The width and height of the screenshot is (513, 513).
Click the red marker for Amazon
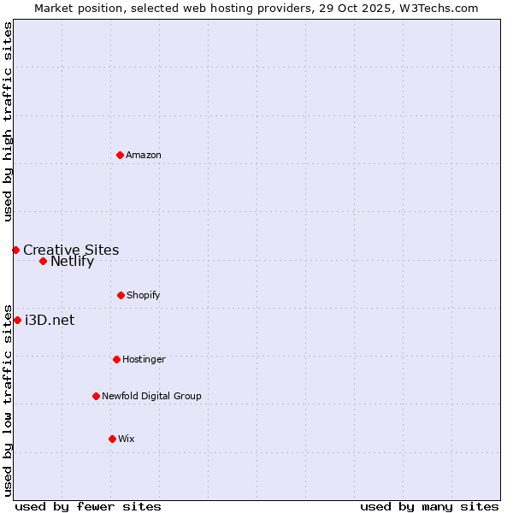pos(120,155)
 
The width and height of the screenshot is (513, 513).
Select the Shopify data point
pos(121,295)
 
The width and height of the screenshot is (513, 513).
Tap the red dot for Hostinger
pos(116,359)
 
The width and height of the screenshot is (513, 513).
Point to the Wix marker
pos(112,439)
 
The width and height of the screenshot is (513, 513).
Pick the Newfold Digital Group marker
pos(96,396)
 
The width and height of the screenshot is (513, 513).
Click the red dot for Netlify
pos(43,261)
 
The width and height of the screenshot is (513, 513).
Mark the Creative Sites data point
pos(15,250)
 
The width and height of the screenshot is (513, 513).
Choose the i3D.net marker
pos(17,320)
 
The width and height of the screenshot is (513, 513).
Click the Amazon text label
pos(144,155)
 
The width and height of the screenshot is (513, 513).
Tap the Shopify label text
pos(143,295)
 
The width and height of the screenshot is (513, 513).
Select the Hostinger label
pos(144,359)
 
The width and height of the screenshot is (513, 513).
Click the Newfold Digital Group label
pos(151,396)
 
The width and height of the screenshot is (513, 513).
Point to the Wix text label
pos(127,439)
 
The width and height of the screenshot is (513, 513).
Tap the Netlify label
pos(72,262)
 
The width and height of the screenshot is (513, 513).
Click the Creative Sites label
pos(71,250)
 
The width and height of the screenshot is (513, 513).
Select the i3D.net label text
pos(50,320)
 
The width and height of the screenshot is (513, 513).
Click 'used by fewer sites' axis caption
pos(88,506)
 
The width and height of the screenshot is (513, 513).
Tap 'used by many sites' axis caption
pos(429,506)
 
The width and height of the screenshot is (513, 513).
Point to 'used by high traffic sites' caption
pos(8,121)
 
